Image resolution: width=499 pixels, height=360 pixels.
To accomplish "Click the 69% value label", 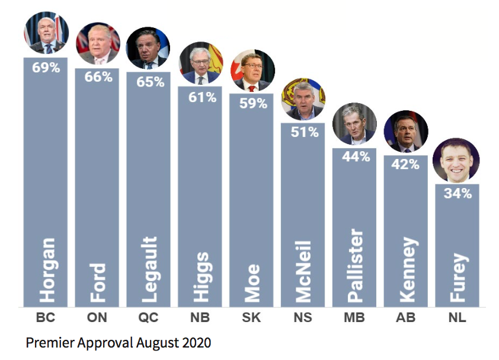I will [46, 67].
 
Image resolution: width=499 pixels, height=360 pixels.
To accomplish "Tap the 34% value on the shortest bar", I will [457, 193].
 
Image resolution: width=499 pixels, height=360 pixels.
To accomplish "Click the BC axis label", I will [46, 318].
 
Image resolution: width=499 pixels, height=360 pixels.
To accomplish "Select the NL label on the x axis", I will [457, 318].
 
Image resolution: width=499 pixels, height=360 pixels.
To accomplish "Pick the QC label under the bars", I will [148, 318].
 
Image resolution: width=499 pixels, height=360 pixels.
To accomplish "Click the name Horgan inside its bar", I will [47, 270].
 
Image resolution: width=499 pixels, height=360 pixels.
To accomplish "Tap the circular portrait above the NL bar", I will [456, 161].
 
